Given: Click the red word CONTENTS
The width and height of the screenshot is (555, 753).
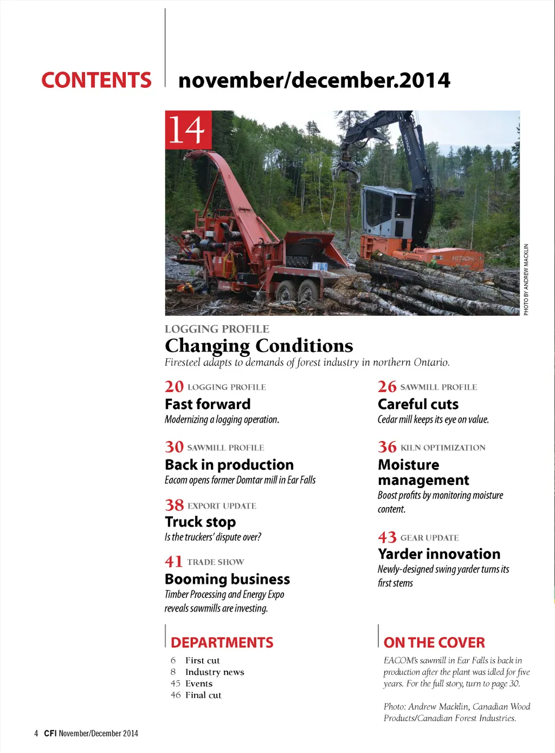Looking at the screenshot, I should [96, 80].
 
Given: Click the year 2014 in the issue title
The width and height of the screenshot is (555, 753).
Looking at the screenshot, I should [425, 80].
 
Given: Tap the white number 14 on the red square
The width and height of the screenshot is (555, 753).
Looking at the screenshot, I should [188, 129].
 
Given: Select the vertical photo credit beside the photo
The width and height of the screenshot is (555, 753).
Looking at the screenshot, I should [526, 280].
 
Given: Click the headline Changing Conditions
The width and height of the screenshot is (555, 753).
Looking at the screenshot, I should [259, 346].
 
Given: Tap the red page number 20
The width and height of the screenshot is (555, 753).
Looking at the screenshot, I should [174, 386].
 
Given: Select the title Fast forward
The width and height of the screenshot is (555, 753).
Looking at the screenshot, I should [208, 404].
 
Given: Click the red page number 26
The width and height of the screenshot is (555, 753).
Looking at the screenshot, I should [387, 386].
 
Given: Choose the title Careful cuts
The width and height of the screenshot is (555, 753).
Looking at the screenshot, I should [418, 404].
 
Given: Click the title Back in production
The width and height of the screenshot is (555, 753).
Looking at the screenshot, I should [229, 465].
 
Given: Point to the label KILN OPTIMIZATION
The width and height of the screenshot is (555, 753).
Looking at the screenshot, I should [443, 447].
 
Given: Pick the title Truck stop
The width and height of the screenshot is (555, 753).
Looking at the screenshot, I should [200, 522].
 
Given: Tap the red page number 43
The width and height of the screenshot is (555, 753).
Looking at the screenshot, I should [387, 537].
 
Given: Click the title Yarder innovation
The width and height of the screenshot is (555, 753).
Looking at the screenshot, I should [439, 554].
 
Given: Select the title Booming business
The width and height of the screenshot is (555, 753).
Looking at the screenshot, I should [227, 579].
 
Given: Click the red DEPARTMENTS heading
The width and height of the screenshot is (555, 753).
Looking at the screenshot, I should [222, 642].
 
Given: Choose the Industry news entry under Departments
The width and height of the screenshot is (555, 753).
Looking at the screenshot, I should [215, 672].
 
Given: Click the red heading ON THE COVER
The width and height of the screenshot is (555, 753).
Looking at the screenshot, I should [434, 642].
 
